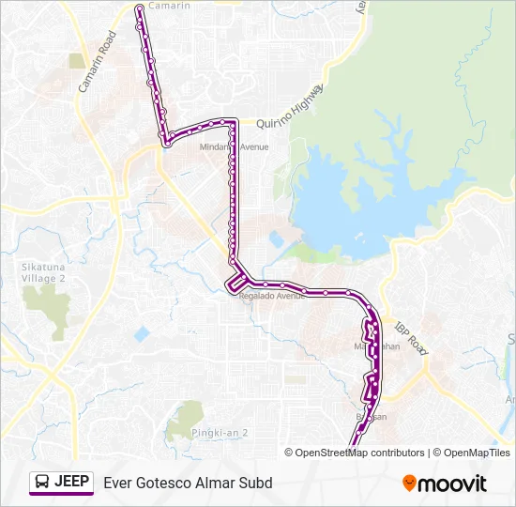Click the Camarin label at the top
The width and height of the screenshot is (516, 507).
(170, 6)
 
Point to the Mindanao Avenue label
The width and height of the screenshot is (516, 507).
(234, 147)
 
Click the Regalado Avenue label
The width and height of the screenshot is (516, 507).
(272, 296)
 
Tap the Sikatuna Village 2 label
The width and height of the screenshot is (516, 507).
(43, 272)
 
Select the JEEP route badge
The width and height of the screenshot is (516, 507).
(62, 483)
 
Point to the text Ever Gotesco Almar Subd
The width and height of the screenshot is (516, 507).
(188, 483)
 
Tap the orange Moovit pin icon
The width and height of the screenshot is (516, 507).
(409, 483)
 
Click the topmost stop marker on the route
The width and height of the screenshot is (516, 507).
(140, 8)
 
